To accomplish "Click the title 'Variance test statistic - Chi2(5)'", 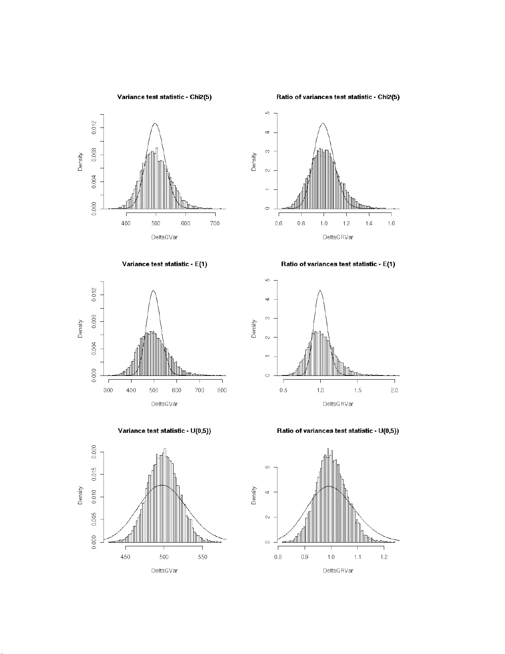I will coord(164,97).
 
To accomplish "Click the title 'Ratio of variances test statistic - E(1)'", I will coord(338,264).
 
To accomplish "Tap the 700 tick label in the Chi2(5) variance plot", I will coord(215,223).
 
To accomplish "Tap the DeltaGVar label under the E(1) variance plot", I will coord(164,404).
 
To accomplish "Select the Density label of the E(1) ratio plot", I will coord(254,329).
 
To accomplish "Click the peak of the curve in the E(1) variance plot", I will coord(153,291).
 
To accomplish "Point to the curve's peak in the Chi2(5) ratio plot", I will coord(323,123).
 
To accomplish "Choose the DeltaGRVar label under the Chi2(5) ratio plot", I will coord(338,237).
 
